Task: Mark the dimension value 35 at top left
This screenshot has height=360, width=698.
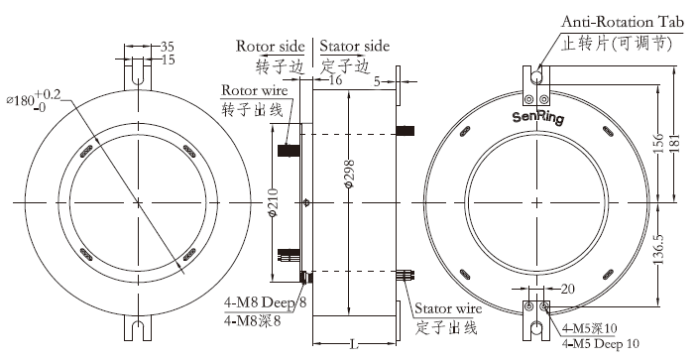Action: (x=168, y=46)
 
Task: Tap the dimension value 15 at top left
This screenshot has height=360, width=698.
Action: (x=168, y=60)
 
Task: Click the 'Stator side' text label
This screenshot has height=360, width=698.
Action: (x=356, y=46)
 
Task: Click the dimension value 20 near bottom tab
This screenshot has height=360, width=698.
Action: (x=568, y=289)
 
